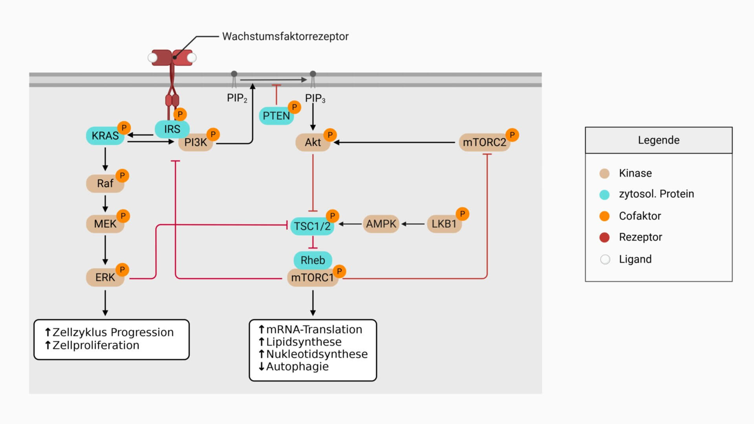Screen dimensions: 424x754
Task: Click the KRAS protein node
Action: click(x=105, y=136)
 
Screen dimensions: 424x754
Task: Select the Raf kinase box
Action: click(x=105, y=183)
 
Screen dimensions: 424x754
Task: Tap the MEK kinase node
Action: click(x=105, y=224)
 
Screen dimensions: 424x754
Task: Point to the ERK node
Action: click(x=105, y=278)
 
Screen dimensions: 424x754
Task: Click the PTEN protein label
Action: click(x=276, y=116)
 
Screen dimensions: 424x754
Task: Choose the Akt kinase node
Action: click(x=313, y=142)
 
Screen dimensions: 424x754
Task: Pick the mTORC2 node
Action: click(x=484, y=142)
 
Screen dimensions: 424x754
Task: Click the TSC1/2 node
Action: click(x=312, y=227)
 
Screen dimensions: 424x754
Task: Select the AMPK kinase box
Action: click(x=381, y=224)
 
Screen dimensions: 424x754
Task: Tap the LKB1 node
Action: click(x=444, y=224)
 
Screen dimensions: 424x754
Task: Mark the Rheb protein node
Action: click(x=313, y=260)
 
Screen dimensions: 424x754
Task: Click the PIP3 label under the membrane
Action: click(x=315, y=98)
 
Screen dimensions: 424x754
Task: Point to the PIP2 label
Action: click(x=237, y=98)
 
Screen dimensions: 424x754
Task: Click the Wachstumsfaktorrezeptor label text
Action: click(x=285, y=37)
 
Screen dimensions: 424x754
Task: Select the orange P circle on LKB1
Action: click(x=462, y=214)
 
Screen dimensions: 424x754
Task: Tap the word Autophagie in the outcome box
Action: click(x=297, y=367)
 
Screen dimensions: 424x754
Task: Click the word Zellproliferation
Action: click(x=96, y=345)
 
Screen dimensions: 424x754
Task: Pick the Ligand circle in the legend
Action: click(x=605, y=260)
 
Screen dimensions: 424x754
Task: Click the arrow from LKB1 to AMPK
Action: click(x=413, y=224)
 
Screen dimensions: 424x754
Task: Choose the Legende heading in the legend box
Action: click(x=659, y=140)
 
